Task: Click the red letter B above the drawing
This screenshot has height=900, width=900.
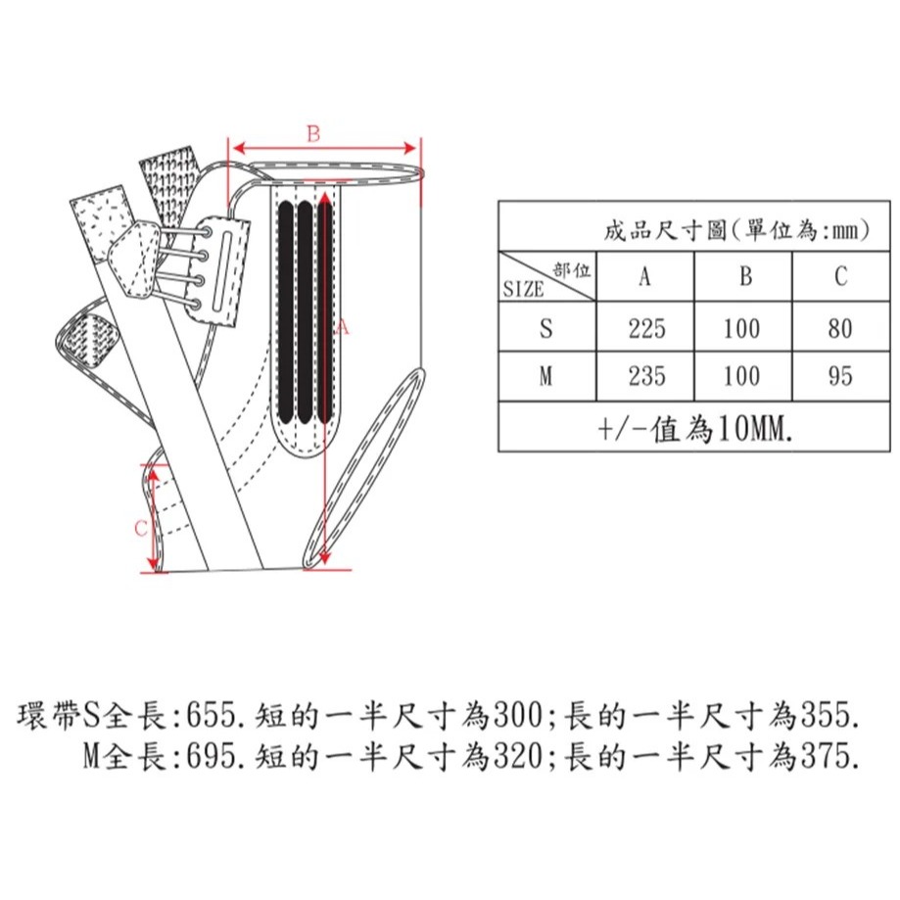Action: point(313,134)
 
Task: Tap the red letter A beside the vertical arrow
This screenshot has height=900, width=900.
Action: point(342,327)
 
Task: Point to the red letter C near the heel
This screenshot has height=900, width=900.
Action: point(141,528)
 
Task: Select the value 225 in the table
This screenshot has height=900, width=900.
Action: point(647,329)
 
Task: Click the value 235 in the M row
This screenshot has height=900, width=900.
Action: point(647,376)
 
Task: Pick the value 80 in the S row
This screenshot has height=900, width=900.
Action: point(839,329)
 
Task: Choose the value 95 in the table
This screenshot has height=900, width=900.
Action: point(839,376)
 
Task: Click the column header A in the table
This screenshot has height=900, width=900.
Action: point(645,276)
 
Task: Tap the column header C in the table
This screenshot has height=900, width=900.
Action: point(841,276)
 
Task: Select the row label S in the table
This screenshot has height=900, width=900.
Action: point(545,329)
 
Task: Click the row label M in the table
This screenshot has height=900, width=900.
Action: point(545,376)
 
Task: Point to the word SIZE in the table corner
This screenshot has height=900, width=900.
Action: point(523,289)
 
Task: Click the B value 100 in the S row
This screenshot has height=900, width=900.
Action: point(742,329)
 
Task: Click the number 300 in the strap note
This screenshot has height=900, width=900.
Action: point(518,716)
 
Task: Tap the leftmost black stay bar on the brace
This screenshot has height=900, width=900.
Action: point(285,311)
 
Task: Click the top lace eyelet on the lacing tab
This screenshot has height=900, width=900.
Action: point(206,232)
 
